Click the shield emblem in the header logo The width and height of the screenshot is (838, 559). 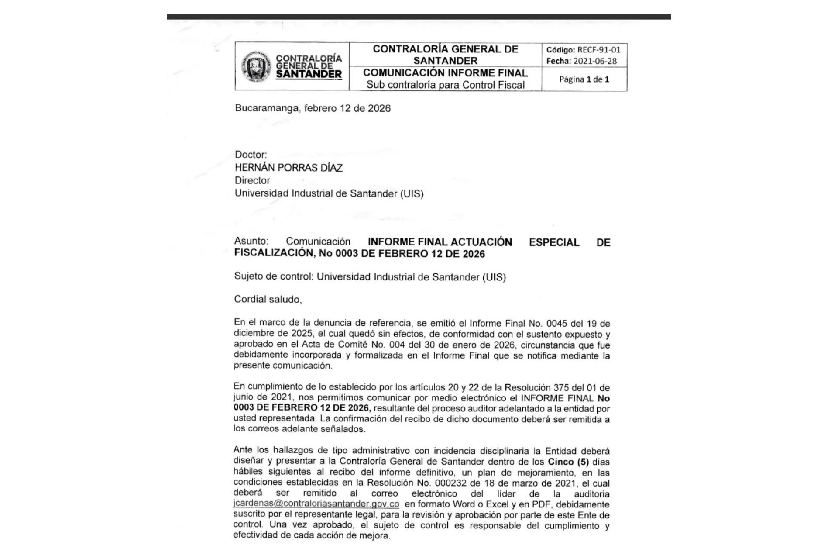tap(257, 67)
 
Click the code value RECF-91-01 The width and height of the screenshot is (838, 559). tap(598, 50)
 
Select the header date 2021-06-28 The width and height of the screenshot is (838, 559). tap(595, 61)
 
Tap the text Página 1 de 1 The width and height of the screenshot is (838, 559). tap(584, 79)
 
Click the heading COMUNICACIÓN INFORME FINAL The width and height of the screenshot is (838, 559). tap(445, 72)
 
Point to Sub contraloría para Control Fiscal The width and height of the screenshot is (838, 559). tap(445, 85)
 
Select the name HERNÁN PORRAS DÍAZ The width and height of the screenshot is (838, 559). tap(288, 168)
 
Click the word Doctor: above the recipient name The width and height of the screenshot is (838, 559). tap(251, 155)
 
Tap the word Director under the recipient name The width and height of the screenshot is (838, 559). tap(252, 180)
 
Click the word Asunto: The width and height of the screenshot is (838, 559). tap(251, 241)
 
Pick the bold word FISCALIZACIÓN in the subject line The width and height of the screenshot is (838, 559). tap(273, 253)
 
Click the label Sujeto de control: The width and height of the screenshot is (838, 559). tap(274, 276)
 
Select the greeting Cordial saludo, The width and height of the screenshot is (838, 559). tap(268, 299)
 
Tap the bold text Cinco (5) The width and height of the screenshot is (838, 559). tap(568, 462)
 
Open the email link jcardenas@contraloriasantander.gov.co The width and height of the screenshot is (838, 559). tap(316, 504)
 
